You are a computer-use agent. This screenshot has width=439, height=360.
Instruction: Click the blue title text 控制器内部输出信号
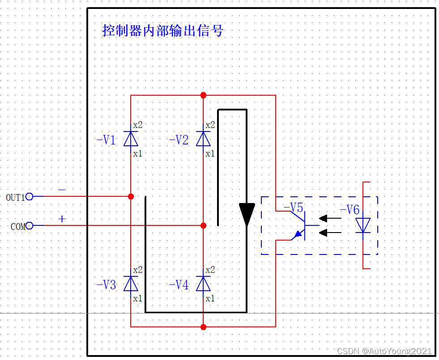[x=163, y=31]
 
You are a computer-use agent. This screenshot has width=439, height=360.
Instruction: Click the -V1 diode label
[x=106, y=140]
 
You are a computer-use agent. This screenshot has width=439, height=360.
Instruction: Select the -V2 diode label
[x=179, y=140]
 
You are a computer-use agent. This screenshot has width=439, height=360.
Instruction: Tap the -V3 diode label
[x=106, y=285]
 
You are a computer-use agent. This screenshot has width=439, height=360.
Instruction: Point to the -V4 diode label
[x=179, y=285]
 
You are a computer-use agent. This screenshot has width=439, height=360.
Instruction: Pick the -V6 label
[x=349, y=210]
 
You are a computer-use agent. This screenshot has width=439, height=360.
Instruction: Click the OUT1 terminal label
[x=15, y=197]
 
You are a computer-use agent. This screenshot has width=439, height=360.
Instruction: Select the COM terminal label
[x=18, y=227]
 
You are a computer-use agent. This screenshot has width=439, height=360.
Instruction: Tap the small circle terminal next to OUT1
[x=30, y=196]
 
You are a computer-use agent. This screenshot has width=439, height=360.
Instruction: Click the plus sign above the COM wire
[x=62, y=219]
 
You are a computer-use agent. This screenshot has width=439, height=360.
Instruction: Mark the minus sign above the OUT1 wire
[x=62, y=190]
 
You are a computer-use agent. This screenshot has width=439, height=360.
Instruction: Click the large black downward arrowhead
[x=247, y=214]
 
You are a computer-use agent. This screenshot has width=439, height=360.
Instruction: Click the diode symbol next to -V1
[x=131, y=139]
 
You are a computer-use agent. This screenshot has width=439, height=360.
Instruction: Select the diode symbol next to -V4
[x=203, y=284]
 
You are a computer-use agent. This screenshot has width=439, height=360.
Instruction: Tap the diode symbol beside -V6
[x=363, y=225]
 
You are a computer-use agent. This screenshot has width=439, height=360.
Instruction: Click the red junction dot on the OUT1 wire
[x=131, y=196]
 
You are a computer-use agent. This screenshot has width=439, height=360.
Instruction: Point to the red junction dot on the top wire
[x=203, y=95]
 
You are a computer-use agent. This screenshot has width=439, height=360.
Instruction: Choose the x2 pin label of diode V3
[x=137, y=270]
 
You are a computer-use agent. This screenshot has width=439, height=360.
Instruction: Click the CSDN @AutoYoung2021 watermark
[x=384, y=351]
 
